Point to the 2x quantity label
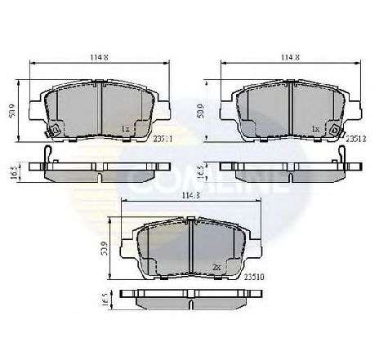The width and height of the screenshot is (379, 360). (216, 267)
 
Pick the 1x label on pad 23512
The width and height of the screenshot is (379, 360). (315, 130)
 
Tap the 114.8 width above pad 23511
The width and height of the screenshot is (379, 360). (100, 57)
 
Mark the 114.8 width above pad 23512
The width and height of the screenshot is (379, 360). (291, 57)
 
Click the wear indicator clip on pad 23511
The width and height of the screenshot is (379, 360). (53, 130)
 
